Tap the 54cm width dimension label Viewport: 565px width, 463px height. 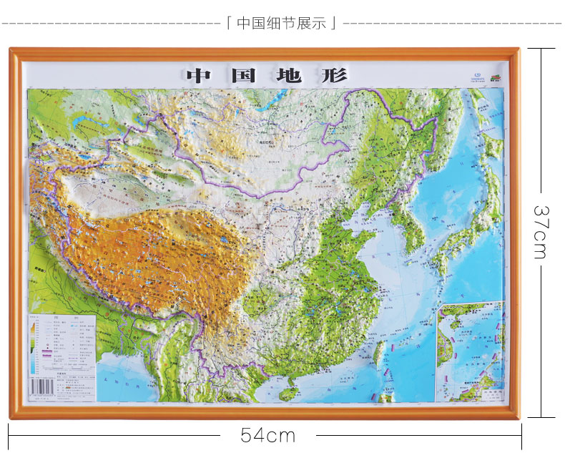tap(267, 435)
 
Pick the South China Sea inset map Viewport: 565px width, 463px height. tap(470, 351)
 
